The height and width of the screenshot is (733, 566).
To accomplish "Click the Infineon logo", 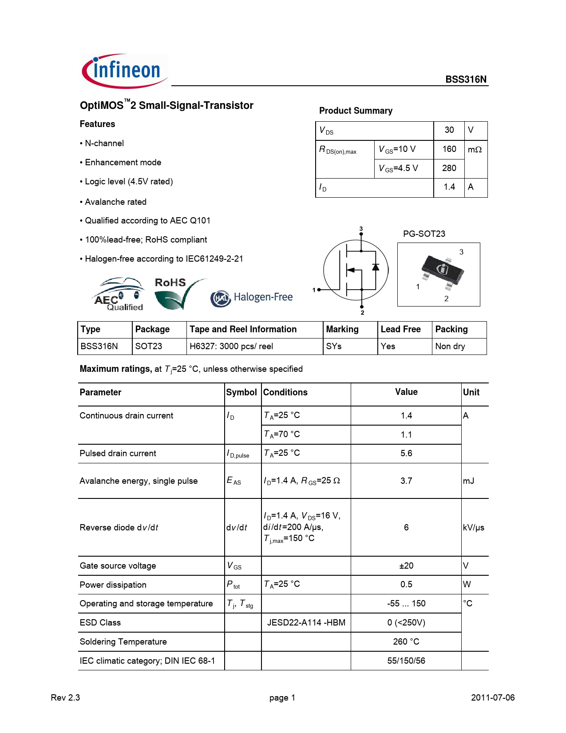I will (x=124, y=71).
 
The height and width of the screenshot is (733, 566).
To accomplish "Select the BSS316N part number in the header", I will (x=466, y=80).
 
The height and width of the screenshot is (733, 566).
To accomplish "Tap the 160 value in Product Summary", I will (x=449, y=149).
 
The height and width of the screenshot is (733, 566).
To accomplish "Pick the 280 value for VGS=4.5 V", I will (x=449, y=168).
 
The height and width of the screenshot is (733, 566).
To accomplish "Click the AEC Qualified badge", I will (x=119, y=295).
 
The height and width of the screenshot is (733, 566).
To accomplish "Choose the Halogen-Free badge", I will (x=252, y=298).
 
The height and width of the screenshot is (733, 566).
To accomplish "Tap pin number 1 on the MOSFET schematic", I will (x=314, y=290).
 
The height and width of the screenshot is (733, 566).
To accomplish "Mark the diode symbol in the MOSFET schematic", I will (x=376, y=267).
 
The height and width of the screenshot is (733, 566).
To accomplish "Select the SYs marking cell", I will (x=334, y=347).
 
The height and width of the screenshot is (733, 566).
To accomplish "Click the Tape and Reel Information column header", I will (x=243, y=329).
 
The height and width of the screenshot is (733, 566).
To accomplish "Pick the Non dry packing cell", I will (x=450, y=347).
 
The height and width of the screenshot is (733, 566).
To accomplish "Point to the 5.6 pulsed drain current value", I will (x=406, y=454).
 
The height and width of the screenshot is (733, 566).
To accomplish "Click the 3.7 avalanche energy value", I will (x=406, y=481).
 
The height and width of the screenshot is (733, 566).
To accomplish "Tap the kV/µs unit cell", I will (x=473, y=528).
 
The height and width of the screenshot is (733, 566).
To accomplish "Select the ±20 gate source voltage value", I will (x=406, y=566).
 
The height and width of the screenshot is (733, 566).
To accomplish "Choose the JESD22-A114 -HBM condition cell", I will (x=306, y=623).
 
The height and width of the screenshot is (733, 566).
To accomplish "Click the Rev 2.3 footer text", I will (x=65, y=698).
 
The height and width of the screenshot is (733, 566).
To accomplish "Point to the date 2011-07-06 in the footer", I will (x=493, y=698).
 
